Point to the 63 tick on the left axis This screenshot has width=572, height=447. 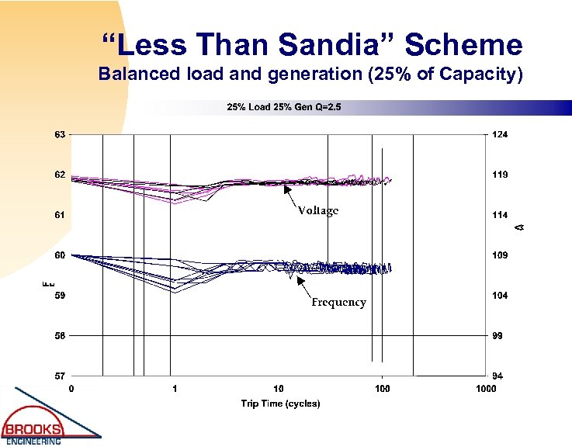tap(59, 134)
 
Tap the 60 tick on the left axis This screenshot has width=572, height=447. tap(59, 255)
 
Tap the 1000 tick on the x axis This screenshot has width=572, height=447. tap(485, 388)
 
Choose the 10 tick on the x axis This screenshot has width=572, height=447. tap(278, 388)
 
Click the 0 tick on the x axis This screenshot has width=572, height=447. tap(71, 388)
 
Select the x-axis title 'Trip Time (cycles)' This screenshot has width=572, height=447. tap(279, 404)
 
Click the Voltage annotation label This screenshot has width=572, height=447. tap(317, 211)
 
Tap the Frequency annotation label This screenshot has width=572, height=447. tap(338, 303)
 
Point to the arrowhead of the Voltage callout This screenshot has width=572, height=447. tap(285, 186)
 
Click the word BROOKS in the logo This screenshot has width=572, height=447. tap(34, 429)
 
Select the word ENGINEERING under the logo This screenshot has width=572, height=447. tap(34, 442)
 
